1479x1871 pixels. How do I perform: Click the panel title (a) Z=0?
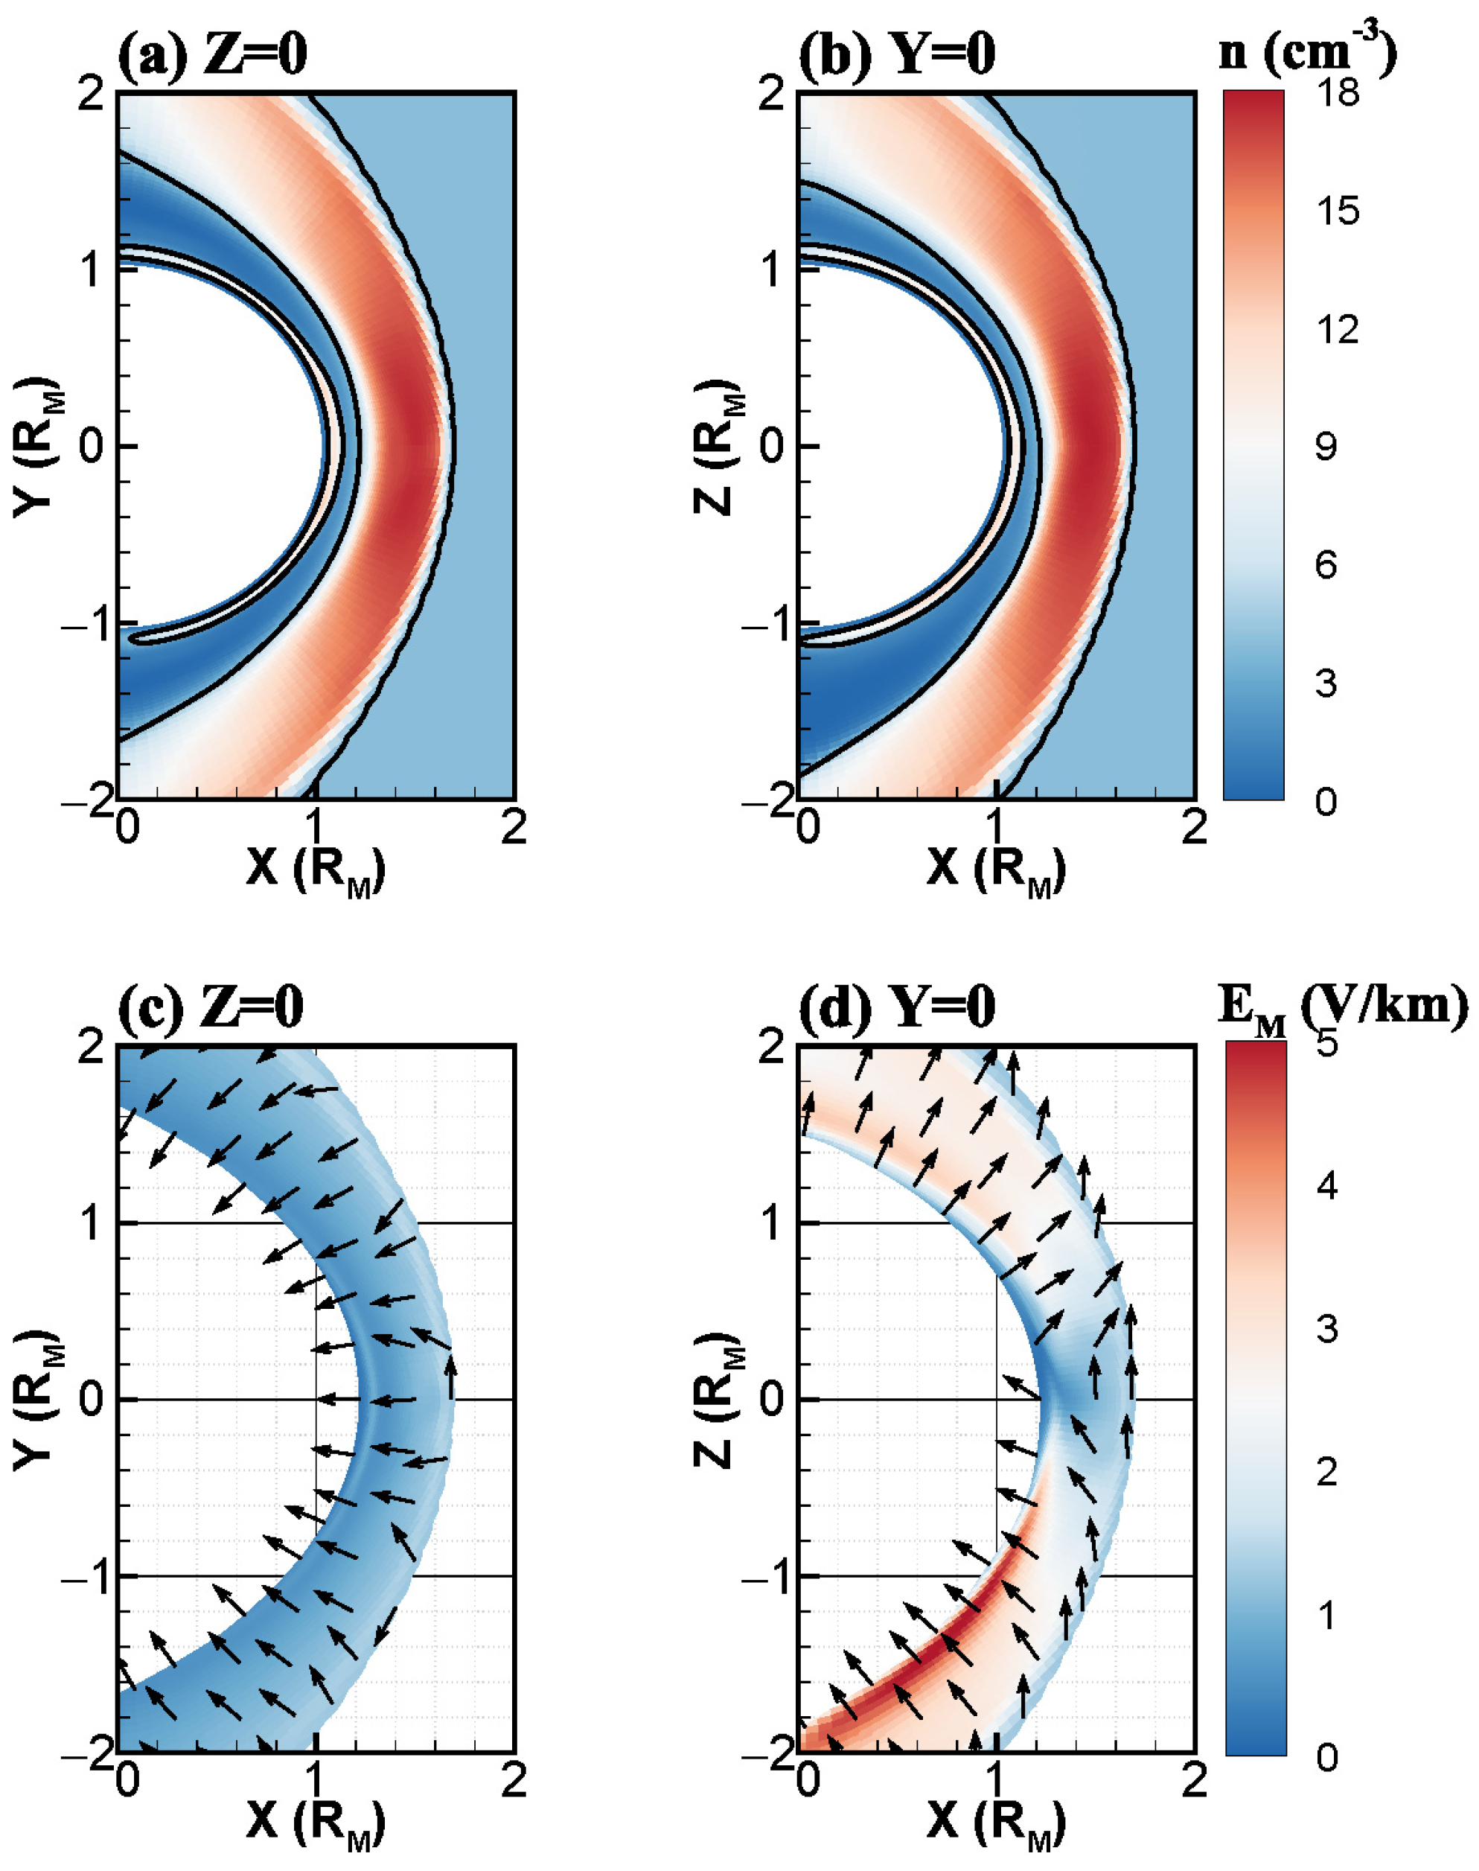pos(212,54)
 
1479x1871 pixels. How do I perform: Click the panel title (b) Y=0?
pos(896,54)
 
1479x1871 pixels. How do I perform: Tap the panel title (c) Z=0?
pos(211,1007)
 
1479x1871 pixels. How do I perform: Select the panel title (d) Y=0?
pos(896,1007)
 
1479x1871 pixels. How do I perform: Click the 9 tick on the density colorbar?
pos(1325,447)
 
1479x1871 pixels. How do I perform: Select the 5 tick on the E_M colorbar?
pos(1326,1045)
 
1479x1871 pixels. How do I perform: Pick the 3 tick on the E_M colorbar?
pos(1326,1328)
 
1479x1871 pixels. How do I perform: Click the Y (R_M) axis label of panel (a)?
pos(35,446)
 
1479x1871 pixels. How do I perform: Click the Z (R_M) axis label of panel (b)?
pos(717,446)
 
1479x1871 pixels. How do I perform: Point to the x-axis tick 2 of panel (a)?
pos(514,829)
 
